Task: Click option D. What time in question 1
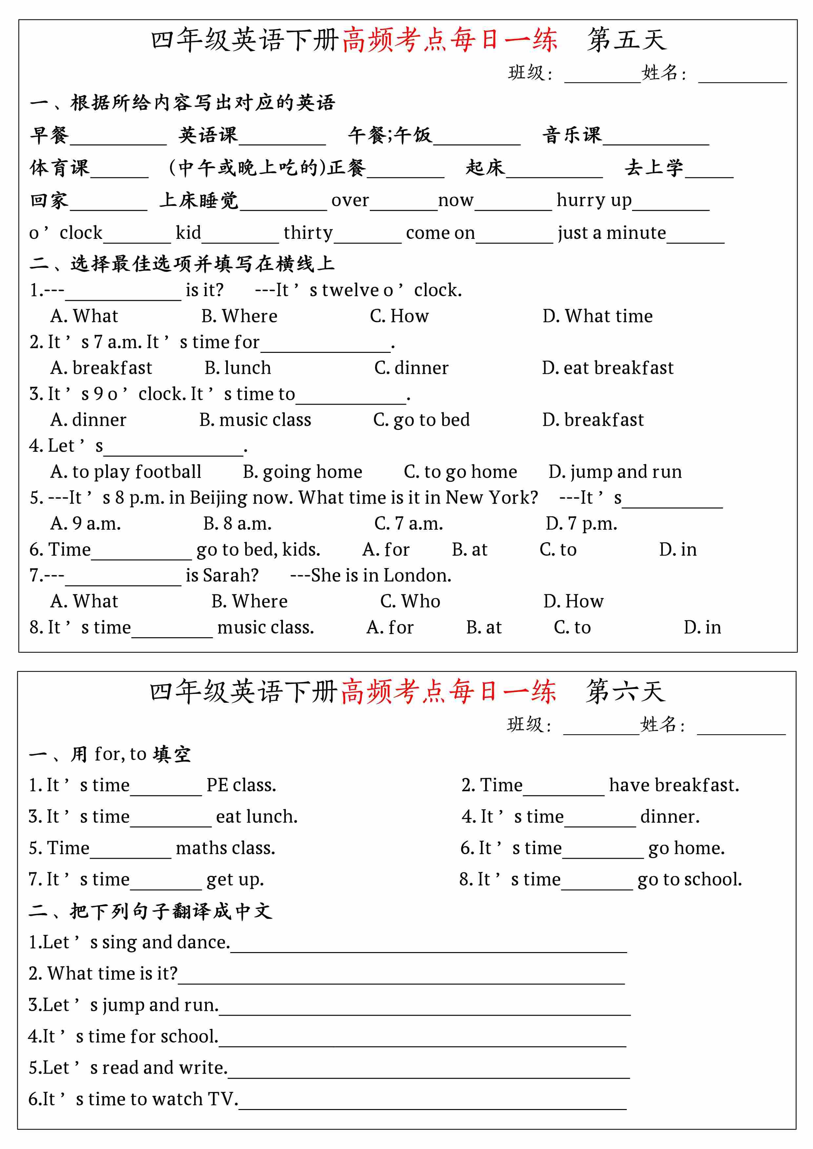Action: coord(597,316)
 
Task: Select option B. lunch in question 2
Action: coord(237,368)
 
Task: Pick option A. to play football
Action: coord(126,472)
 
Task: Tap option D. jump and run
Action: coord(615,472)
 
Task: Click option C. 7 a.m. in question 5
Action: coord(408,524)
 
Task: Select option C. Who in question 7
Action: coord(410,601)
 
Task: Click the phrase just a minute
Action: coord(612,233)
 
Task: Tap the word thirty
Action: coord(308,233)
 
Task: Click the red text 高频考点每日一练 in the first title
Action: coord(449,40)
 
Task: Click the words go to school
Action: coord(689,879)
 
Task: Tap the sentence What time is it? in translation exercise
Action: coord(103,973)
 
